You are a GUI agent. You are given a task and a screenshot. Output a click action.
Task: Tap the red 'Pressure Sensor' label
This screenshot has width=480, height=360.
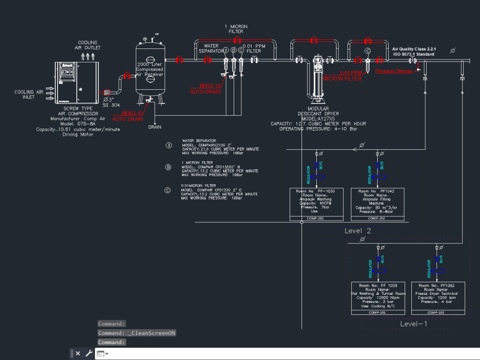[x=393, y=71]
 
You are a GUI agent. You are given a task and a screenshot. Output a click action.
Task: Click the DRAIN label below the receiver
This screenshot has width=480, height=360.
[x=155, y=127]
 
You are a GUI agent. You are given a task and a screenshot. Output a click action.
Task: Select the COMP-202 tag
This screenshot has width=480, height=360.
[x=377, y=218]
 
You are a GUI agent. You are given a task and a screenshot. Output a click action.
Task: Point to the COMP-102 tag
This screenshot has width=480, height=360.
[x=435, y=312]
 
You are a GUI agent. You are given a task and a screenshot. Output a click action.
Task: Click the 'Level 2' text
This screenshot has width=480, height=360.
[x=358, y=231]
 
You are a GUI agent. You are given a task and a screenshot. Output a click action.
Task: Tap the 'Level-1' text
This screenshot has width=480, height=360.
[x=413, y=324]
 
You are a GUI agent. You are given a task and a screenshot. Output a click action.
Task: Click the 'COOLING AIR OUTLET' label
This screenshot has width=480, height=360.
[x=87, y=45]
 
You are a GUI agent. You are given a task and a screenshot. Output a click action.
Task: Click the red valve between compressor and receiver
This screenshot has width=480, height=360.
[x=127, y=76]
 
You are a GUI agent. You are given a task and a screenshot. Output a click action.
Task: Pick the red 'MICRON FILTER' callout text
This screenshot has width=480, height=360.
[x=342, y=79]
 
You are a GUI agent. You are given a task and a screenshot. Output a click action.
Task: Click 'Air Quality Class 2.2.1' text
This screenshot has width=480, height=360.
[x=413, y=49]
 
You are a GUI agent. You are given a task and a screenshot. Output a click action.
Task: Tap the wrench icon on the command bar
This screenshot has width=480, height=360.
[x=89, y=353]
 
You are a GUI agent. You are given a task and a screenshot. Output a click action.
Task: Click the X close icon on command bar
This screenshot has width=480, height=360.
[x=78, y=353]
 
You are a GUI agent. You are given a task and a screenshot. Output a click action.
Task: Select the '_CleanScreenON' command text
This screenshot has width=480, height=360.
[x=152, y=333]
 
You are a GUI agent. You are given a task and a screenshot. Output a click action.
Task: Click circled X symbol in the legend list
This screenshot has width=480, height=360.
[x=168, y=145]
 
